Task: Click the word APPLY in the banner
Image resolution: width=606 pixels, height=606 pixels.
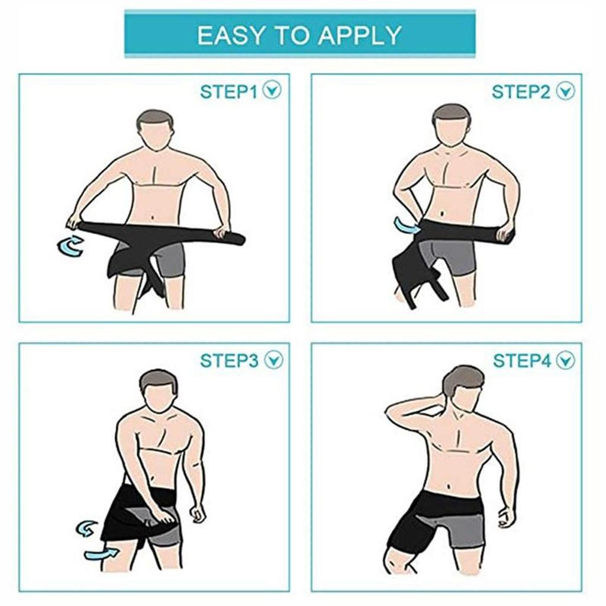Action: point(361,36)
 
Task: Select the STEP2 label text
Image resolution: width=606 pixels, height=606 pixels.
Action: point(521,92)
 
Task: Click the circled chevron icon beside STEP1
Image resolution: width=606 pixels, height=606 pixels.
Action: point(273,91)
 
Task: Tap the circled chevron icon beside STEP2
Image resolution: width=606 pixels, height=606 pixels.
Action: point(566,91)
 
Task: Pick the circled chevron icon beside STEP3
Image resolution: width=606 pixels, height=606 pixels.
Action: point(273,360)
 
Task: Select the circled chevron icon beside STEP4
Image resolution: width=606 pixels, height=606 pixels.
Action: point(566,360)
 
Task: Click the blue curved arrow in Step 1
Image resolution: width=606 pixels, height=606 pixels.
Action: point(70,246)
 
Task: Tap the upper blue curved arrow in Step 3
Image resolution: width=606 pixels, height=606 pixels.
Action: point(87,527)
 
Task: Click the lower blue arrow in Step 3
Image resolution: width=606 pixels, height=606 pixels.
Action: point(101,554)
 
